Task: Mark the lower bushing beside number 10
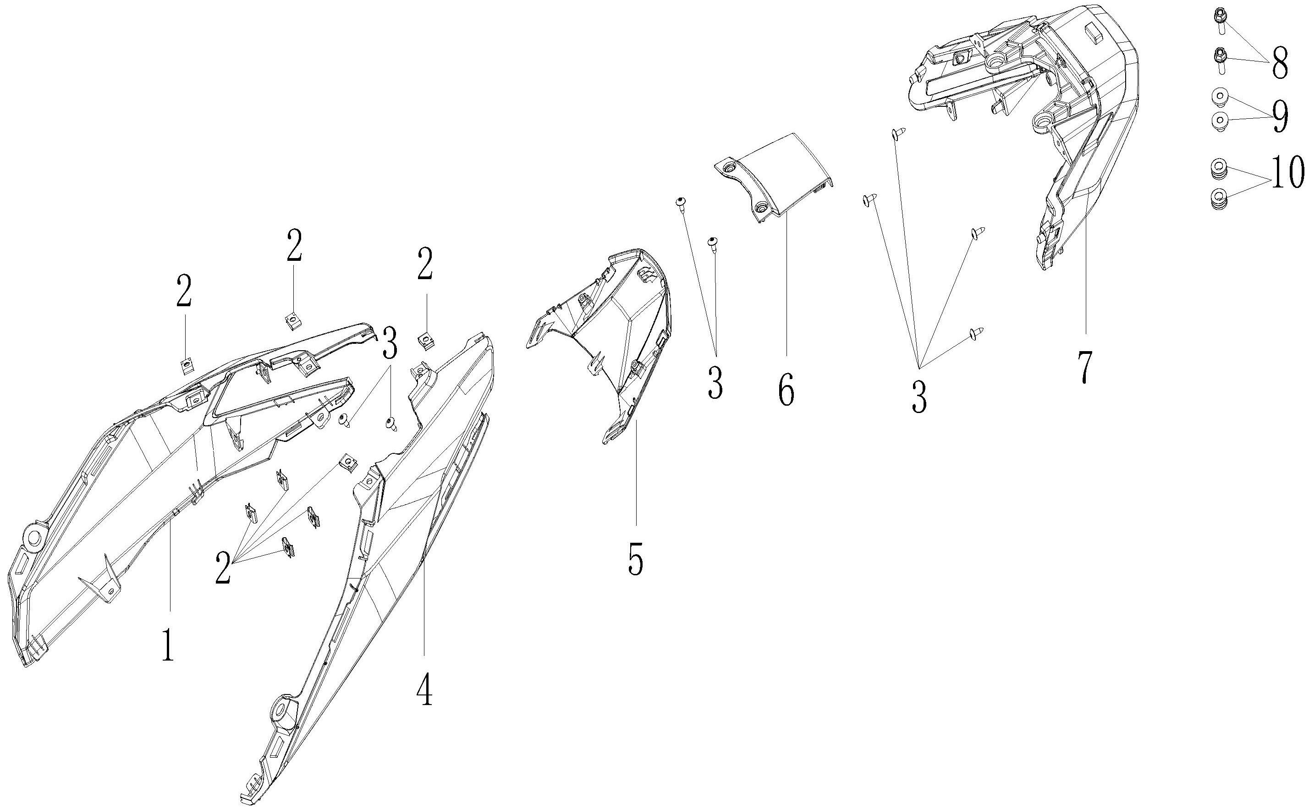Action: [x=1219, y=199]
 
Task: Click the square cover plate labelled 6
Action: [x=776, y=177]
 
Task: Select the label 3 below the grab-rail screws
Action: [x=919, y=398]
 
